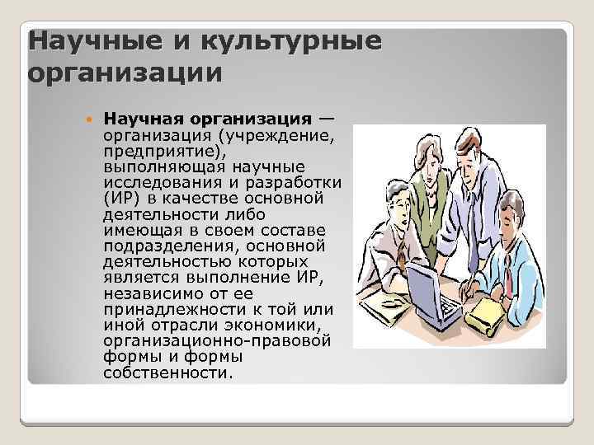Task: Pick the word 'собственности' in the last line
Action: [165, 372]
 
